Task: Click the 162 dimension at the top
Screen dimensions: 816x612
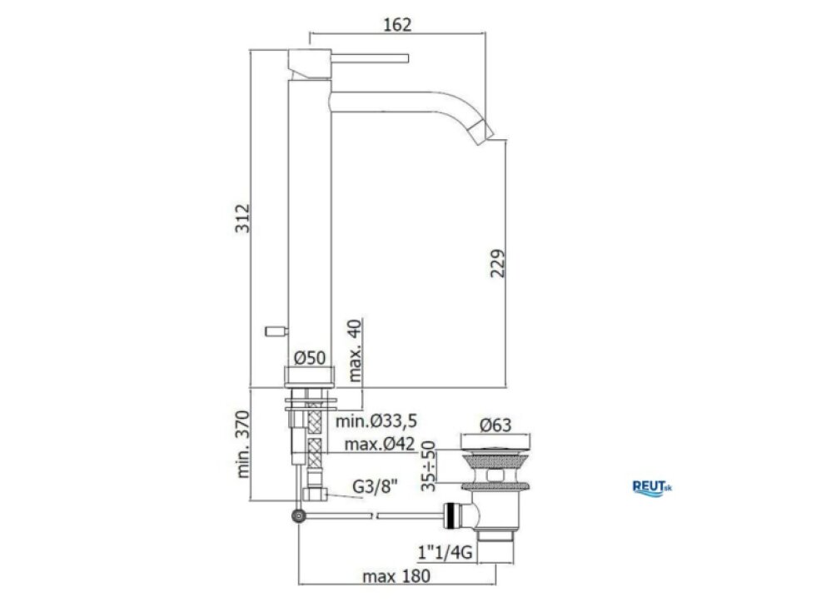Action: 397,24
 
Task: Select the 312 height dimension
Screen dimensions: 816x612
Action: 242,218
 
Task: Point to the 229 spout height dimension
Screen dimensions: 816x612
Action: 498,263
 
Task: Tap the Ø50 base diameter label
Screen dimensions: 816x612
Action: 310,358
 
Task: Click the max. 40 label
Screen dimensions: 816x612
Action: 355,351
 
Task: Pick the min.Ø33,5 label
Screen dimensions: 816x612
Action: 376,420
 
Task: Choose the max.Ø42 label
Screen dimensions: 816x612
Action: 380,444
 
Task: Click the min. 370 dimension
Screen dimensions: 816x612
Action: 243,445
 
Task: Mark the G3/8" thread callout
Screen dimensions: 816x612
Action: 375,486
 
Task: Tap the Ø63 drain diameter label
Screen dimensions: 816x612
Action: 495,425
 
